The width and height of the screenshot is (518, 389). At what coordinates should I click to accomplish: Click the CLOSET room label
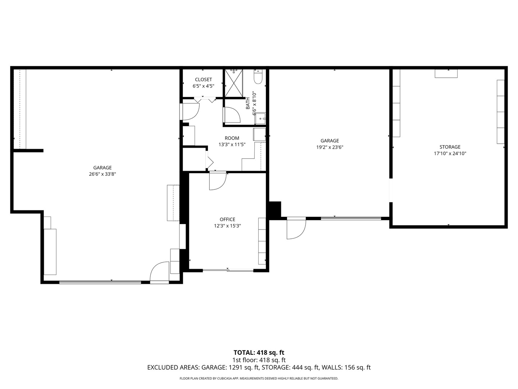point(203,80)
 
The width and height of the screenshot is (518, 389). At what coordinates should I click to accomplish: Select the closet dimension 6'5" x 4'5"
point(203,86)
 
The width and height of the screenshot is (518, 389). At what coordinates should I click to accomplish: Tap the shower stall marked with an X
point(234,83)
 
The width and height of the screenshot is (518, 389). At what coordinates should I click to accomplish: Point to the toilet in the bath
point(258,76)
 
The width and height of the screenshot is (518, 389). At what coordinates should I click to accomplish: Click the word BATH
point(248,103)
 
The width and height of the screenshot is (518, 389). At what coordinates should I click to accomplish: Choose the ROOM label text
point(232,138)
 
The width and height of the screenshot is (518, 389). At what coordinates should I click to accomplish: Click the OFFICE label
point(227,219)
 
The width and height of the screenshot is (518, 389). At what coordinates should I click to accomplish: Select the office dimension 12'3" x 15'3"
point(227,226)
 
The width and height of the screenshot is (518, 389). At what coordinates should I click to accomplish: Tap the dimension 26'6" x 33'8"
point(103,174)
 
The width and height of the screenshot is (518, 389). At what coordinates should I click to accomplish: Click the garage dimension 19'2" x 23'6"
point(330,147)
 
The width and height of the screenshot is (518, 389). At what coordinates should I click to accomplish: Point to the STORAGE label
point(450,147)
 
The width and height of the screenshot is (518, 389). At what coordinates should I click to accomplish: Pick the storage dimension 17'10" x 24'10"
point(450,153)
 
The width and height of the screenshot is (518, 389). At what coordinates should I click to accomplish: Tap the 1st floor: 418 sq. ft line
point(259,360)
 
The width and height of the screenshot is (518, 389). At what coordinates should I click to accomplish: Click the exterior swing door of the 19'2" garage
point(295,228)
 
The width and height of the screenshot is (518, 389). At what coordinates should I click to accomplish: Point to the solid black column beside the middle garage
point(275,210)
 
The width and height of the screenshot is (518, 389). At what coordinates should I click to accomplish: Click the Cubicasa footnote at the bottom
point(259,379)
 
